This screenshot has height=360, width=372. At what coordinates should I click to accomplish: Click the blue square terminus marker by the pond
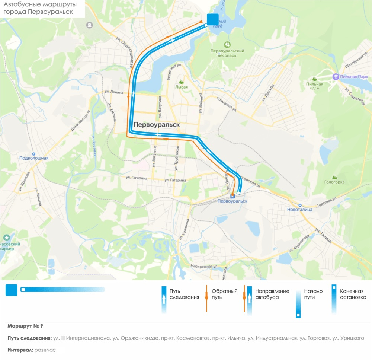pos(213,19)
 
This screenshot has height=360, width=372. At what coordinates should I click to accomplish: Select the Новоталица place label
pos(300,209)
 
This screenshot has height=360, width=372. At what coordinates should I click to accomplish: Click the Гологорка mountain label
pos(334,182)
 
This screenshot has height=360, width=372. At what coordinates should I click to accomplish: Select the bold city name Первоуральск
pos(156,125)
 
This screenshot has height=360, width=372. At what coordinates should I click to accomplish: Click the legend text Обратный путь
pos(224,294)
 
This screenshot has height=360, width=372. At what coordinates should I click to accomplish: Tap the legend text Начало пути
pos(313,294)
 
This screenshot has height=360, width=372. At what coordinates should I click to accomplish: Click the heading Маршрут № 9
pos(25,326)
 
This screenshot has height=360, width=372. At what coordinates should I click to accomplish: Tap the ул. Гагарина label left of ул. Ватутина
pos(137,178)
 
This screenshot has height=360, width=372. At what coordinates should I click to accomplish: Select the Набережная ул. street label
pos(204,267)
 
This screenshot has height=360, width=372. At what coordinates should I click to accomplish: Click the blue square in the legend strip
pos(12,290)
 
